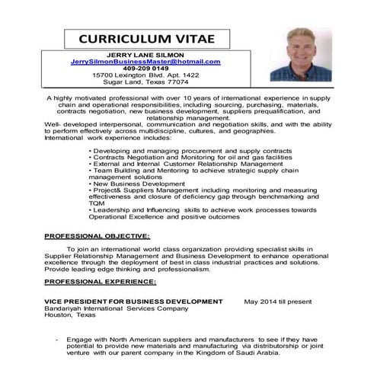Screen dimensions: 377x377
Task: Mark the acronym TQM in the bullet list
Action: pyautogui.click(x=97, y=204)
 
